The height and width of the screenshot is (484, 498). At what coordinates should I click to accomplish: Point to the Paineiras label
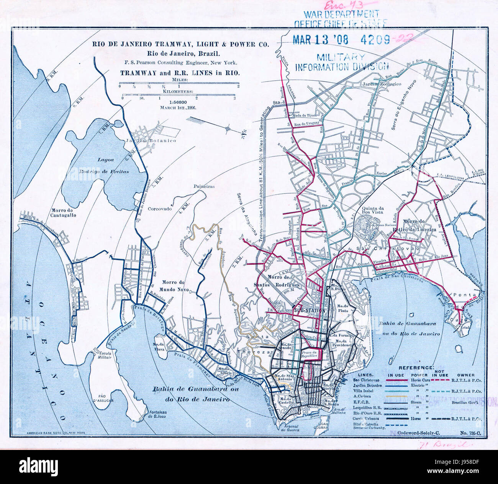click(x=204, y=187)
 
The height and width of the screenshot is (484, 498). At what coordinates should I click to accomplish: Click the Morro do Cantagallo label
click(x=62, y=213)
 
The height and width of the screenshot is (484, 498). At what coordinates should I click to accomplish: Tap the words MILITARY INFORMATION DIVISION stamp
click(x=342, y=62)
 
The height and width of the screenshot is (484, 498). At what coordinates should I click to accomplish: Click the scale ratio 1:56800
click(x=179, y=102)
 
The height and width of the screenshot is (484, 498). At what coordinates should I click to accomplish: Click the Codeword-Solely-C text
click(x=420, y=432)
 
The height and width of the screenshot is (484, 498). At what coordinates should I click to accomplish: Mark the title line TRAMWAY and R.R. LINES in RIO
click(x=180, y=73)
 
